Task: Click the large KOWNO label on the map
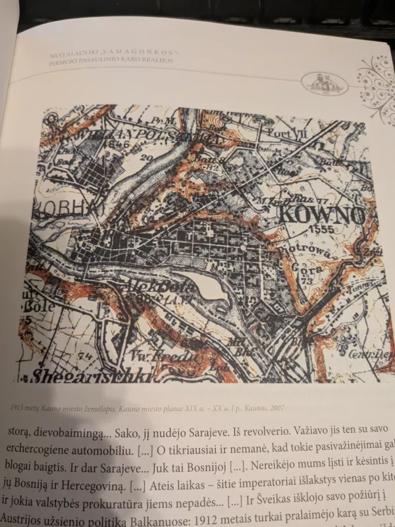322,215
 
